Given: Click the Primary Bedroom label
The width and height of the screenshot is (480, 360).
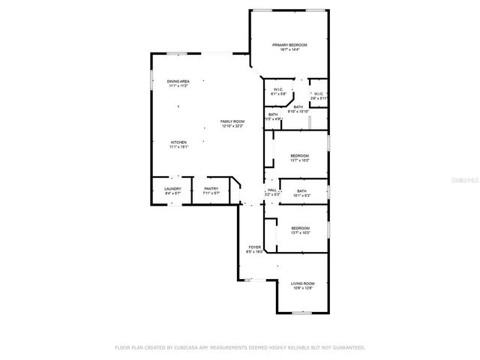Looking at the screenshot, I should pos(289,45).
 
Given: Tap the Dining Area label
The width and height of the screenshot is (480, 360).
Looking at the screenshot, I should pos(178,81).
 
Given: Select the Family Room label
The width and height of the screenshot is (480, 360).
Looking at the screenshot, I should pos(232,121).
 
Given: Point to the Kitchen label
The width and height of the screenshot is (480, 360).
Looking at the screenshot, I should pos(178,142).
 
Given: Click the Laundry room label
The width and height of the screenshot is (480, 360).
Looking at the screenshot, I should pos(172,190).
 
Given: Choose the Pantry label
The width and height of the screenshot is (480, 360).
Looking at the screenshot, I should pos(211,190).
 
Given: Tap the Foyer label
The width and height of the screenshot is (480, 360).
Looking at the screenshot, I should pos(254,247).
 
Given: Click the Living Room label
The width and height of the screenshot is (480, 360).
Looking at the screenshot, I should pos(303,283).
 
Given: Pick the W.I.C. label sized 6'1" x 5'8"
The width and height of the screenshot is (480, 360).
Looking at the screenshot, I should pos(278,90).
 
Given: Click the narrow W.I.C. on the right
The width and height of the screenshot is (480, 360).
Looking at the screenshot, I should pos(318,94).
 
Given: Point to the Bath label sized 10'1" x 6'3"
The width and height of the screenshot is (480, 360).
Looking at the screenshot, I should pos(301,191).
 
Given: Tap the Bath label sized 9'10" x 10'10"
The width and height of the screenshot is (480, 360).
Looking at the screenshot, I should pos(298,107).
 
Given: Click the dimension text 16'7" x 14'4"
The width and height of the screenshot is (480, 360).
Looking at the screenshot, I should pos(289,49).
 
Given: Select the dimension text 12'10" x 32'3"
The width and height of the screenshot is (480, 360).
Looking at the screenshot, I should pos(232,126).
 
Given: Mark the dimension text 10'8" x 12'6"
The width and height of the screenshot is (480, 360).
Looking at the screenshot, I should pos(303,287).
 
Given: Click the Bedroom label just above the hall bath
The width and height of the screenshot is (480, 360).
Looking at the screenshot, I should pos(299,155).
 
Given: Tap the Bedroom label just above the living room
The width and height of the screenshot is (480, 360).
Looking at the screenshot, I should pos(301,228).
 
